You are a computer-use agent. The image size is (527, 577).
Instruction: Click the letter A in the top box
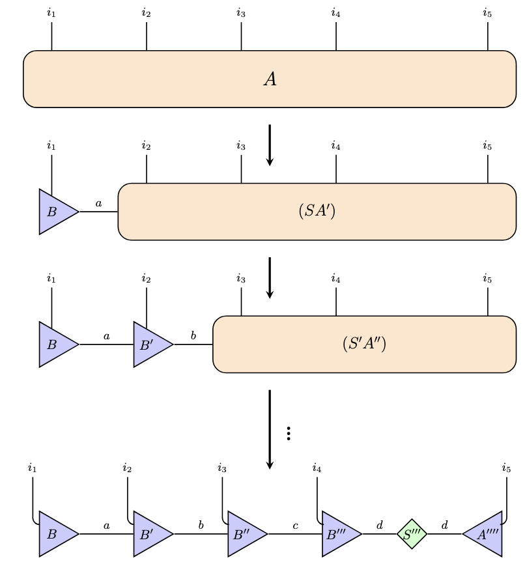[x=270, y=79]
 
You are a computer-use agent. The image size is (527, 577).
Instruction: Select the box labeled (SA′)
[x=317, y=212]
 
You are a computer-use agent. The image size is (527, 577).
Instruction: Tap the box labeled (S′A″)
[x=364, y=344]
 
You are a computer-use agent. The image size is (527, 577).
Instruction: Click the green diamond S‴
[x=412, y=534]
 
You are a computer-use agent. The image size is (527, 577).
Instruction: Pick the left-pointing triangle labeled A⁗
[x=485, y=534]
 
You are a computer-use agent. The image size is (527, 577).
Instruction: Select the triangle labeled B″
[x=246, y=534]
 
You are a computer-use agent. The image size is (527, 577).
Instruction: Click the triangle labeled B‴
[x=339, y=534]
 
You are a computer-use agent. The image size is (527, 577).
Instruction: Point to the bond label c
[x=295, y=525]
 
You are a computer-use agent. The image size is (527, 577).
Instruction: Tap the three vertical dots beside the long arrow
[x=289, y=433]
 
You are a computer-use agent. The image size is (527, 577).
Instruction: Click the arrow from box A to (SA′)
[x=270, y=145]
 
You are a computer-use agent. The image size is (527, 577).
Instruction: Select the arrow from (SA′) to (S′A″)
[x=270, y=277]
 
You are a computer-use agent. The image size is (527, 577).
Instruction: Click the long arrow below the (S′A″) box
[x=270, y=429]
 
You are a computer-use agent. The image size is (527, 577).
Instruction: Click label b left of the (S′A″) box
[x=193, y=335]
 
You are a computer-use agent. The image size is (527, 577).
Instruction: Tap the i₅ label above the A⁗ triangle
[x=506, y=468]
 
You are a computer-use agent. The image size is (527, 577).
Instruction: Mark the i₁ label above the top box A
[x=51, y=12]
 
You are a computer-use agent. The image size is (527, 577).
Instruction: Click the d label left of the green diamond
[x=380, y=524]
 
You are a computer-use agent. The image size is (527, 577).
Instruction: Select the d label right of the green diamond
[x=444, y=524]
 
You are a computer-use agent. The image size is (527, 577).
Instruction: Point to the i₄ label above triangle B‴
[x=317, y=468]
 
